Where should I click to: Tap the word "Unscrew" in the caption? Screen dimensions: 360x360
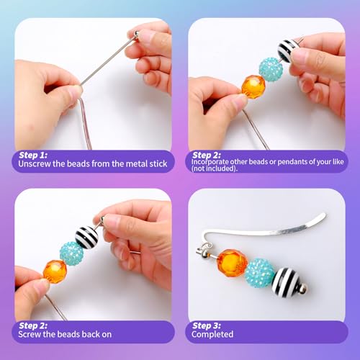tap(38, 164)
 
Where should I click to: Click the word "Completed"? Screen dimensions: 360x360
tap(213, 334)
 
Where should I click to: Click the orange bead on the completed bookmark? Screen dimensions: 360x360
tap(232, 264)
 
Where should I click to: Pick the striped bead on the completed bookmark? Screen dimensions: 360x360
tap(286, 282)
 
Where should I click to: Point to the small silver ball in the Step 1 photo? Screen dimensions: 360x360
tap(135, 34)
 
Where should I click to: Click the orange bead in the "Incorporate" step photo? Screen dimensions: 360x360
tap(253, 87)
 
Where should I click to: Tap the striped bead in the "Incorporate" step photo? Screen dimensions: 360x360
tap(289, 51)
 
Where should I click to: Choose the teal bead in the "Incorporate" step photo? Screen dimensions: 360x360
tap(271, 69)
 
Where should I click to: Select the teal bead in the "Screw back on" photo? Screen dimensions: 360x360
tap(71, 253)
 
